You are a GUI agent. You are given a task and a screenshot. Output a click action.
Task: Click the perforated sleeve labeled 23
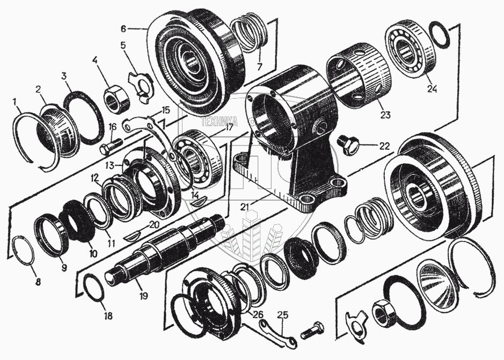click(x=355, y=75)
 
